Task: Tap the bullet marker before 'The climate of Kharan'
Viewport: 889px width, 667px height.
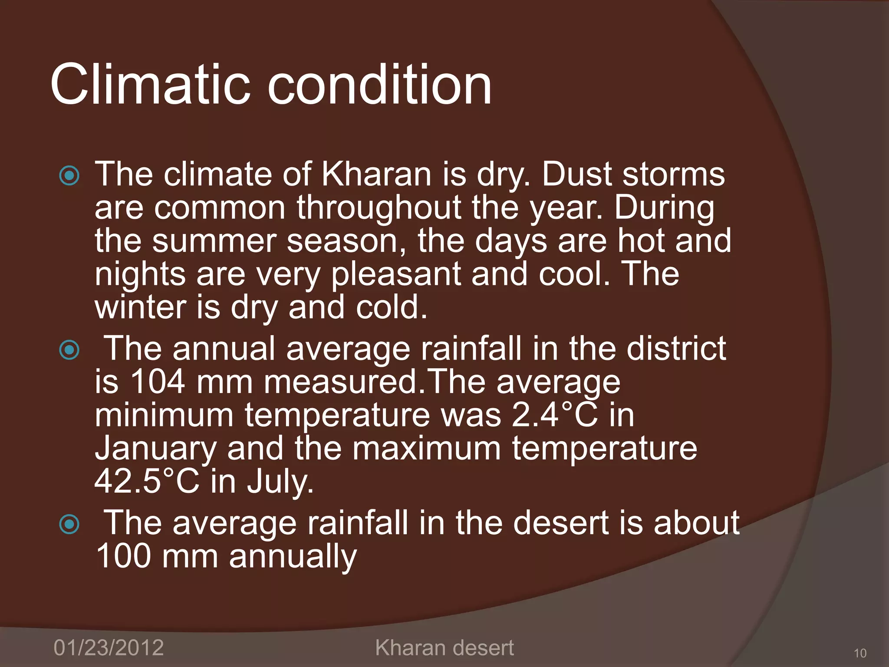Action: tap(69, 176)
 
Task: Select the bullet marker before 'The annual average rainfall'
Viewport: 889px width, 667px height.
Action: tap(69, 350)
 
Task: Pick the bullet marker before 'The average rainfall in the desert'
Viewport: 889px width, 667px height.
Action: tap(69, 524)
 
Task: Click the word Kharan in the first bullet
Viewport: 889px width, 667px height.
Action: tap(376, 174)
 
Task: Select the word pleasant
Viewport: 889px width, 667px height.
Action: tap(395, 274)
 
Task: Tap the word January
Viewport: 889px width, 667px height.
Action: tap(155, 449)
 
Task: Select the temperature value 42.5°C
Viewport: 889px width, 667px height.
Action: tap(147, 482)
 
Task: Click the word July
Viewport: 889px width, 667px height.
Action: tap(280, 482)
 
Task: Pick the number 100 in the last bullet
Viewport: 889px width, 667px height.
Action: tap(123, 556)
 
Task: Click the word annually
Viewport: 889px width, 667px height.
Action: tap(293, 557)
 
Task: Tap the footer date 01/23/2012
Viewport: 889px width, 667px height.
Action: tap(109, 647)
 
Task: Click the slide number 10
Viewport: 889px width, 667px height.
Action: tap(859, 653)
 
